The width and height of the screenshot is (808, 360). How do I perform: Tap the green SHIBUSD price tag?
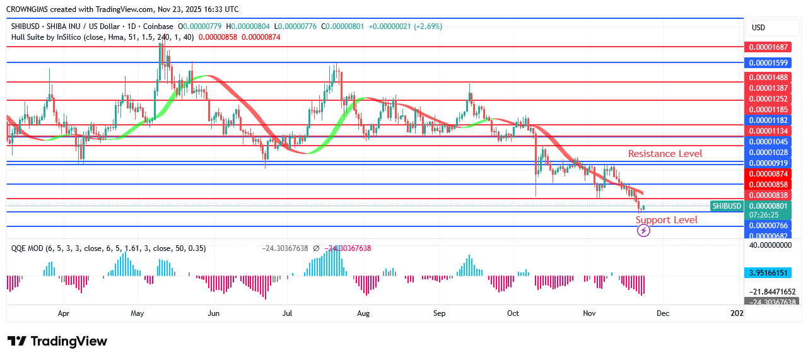coord(726,206)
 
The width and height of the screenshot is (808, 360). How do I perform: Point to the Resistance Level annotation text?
coord(665,154)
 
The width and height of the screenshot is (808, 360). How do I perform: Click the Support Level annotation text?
coord(667,220)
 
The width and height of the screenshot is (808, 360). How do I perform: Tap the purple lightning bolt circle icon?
coord(643,231)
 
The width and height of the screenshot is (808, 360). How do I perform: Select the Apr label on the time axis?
coord(63,313)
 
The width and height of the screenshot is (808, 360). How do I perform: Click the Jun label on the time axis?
coord(214,313)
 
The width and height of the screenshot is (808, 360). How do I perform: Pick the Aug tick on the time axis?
coord(363,313)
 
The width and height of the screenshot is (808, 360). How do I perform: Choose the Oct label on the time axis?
coord(513,313)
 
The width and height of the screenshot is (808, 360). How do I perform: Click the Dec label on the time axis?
coord(662,313)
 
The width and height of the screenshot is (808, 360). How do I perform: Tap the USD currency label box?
coord(758,28)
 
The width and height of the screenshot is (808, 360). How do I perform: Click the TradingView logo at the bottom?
coord(57,341)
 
